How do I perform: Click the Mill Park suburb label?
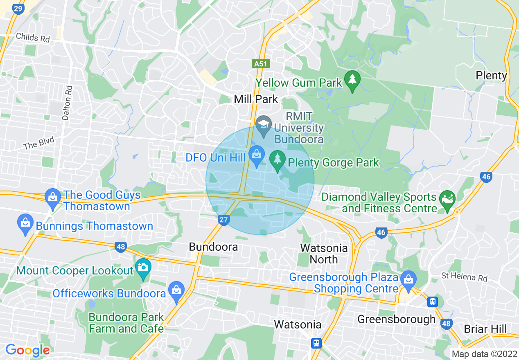point(256,99)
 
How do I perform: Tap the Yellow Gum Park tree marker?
point(352,79)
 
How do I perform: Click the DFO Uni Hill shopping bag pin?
point(257,155)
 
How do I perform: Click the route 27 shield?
point(223,220)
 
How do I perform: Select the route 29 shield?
point(17,9)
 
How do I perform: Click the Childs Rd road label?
point(33,38)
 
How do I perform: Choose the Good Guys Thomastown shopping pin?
point(53,196)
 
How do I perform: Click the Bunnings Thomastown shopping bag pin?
point(25,223)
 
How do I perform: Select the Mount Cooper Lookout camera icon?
point(143,267)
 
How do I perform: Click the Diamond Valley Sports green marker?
point(447,200)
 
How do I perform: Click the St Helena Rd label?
point(464,277)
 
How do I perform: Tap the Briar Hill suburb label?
point(485,329)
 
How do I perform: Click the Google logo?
point(27,350)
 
